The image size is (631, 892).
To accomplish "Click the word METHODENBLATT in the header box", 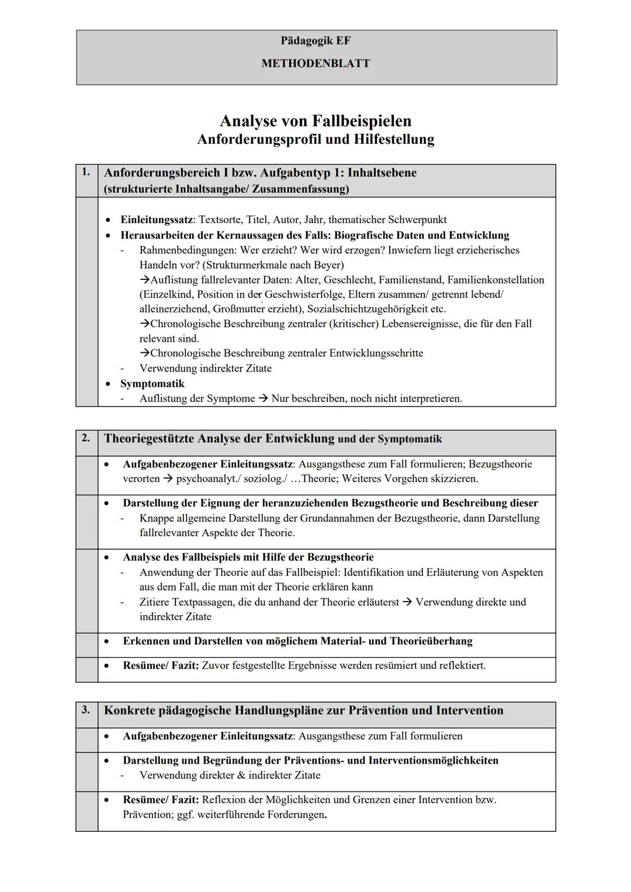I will point(315,63).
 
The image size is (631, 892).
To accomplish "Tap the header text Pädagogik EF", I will point(315,40).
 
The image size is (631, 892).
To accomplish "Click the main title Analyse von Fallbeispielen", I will point(315,121).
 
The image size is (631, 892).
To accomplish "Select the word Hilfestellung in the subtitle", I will point(394,140).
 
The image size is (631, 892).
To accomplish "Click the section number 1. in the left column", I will point(86,172).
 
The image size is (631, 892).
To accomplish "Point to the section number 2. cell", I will point(86,438).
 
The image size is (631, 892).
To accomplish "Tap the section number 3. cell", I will point(86,709).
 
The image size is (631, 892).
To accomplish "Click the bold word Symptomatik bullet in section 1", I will point(152,384).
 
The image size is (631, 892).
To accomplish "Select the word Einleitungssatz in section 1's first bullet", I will point(156,220).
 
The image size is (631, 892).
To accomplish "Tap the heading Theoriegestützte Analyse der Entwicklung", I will point(219,439).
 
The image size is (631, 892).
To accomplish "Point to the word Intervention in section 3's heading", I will point(469,710).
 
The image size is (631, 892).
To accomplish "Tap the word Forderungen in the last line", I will point(295,814).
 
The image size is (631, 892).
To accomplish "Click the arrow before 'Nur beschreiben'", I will point(263,398).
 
